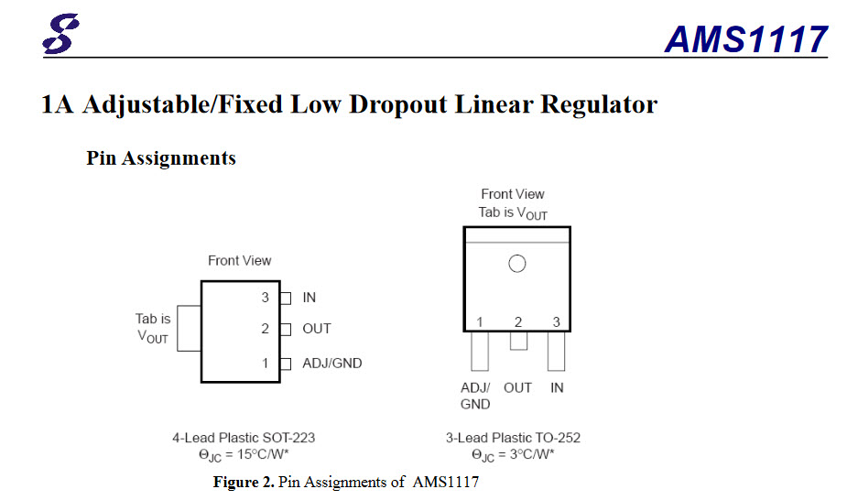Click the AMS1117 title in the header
coord(746,39)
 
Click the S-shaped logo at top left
coord(61,34)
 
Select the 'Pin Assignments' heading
coord(161,158)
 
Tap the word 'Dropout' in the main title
coord(398,104)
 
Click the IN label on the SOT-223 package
coord(309,298)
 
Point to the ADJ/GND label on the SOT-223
coord(332,364)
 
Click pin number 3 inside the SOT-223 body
coord(266,298)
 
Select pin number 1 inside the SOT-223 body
coord(266,364)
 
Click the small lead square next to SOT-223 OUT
coord(286,330)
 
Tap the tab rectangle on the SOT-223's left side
coord(189,328)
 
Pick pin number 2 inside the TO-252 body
coord(518,322)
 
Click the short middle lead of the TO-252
coord(518,341)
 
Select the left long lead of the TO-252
coord(480,351)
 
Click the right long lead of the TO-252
coord(557,351)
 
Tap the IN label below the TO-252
coord(557,387)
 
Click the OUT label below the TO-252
coord(517,387)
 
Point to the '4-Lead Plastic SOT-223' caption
coord(244,438)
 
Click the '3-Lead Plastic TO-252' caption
coord(513,438)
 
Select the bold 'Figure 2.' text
coord(244,482)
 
